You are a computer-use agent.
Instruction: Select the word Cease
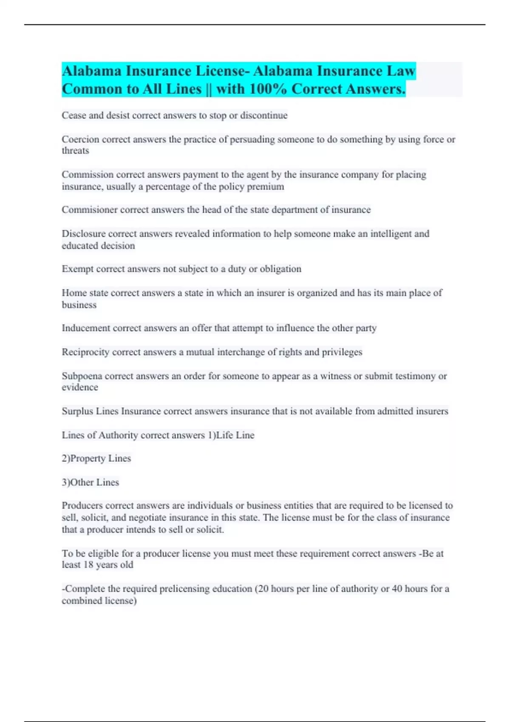pyautogui.click(x=74, y=116)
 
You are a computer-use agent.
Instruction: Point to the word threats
pyautogui.click(x=75, y=151)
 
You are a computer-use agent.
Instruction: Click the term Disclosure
pyautogui.click(x=83, y=234)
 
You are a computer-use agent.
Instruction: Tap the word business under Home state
pyautogui.click(x=79, y=305)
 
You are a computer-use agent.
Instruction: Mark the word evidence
pyautogui.click(x=80, y=387)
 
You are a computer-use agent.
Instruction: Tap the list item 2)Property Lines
pyautogui.click(x=96, y=459)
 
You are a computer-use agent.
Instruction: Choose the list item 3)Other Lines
pyautogui.click(x=91, y=482)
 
